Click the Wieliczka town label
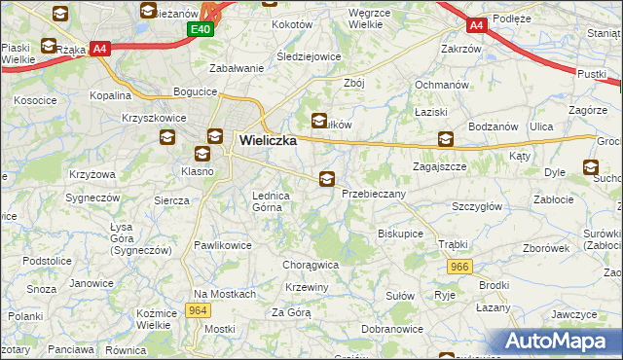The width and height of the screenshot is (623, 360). [268, 141]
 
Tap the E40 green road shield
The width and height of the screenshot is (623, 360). [200, 29]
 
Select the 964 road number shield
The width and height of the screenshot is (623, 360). [198, 310]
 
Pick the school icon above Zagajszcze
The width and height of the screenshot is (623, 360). [446, 139]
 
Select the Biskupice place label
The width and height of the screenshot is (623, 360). [400, 234]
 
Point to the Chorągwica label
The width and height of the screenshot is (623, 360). [310, 264]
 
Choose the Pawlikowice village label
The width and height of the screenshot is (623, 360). [223, 245]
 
